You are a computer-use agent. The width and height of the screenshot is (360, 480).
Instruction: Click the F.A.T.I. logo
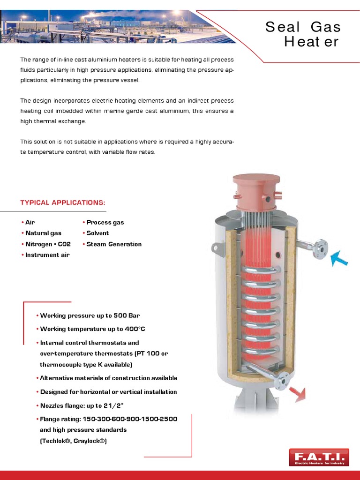pyautogui.click(x=319, y=457)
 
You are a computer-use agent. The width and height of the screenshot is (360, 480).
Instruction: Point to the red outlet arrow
pyautogui.click(x=297, y=394)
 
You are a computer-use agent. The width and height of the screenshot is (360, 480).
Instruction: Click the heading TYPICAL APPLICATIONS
pyautogui.click(x=63, y=202)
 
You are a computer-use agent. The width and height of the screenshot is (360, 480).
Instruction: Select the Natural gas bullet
pyautogui.click(x=43, y=233)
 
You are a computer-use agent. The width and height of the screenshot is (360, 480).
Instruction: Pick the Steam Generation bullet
pyautogui.click(x=114, y=244)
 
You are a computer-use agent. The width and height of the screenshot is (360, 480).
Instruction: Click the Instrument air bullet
pyautogui.click(x=47, y=255)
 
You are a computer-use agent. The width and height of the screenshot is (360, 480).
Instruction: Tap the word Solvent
pyautogui.click(x=97, y=233)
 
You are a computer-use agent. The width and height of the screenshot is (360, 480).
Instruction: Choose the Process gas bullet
pyautogui.click(x=105, y=222)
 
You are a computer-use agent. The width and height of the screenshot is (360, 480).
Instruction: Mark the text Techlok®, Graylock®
pyautogui.click(x=74, y=441)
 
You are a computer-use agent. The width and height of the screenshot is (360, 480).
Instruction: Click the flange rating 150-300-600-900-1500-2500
pyautogui.click(x=130, y=419)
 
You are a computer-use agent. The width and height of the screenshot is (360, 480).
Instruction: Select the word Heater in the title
pyautogui.click(x=311, y=42)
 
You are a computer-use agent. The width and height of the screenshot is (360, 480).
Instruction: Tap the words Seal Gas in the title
pyautogui.click(x=303, y=27)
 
